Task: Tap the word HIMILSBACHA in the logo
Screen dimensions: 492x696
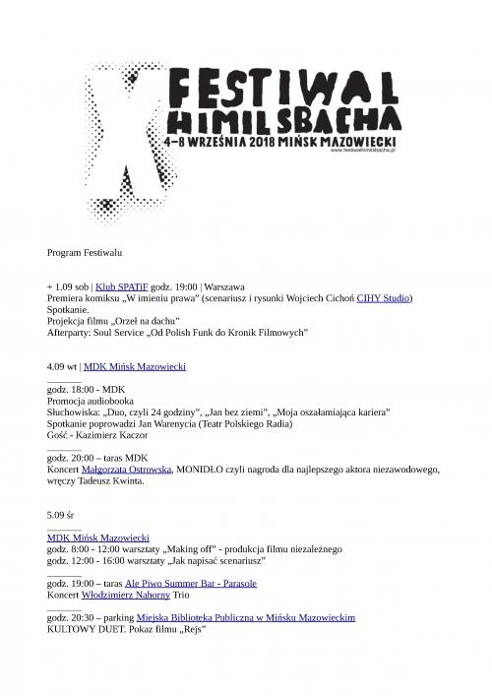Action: [x=284, y=121]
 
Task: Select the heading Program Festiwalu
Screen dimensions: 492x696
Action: [x=84, y=254]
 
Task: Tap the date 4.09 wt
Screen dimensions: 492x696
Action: [x=61, y=366]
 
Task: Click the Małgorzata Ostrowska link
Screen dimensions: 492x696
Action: [x=132, y=470]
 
